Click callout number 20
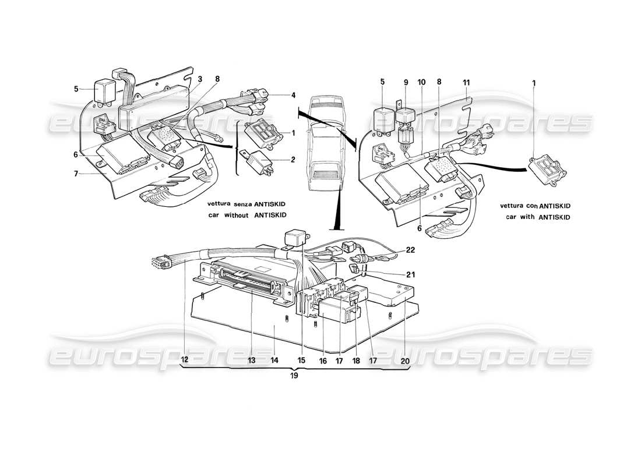point(404,361)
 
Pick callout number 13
point(252,361)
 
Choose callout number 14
point(274,361)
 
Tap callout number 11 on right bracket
point(466,83)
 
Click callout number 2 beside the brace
point(293,160)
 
